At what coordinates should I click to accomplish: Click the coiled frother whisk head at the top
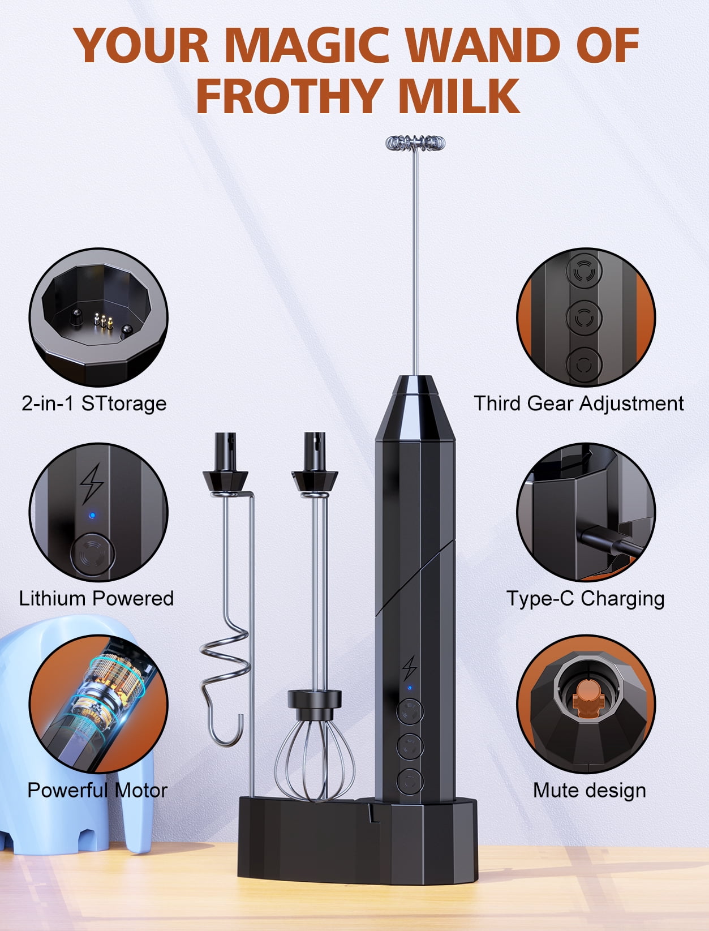click(x=415, y=143)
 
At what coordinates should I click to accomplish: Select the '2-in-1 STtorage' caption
click(x=94, y=404)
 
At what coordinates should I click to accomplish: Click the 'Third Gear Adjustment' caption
click(x=578, y=404)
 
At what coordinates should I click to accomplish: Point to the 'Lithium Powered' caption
click(x=96, y=598)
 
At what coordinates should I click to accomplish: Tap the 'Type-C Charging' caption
click(x=585, y=599)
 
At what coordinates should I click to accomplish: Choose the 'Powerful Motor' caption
click(x=97, y=791)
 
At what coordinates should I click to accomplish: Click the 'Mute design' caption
click(x=590, y=791)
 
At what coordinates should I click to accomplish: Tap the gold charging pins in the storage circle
click(x=104, y=321)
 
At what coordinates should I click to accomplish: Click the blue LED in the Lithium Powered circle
click(x=92, y=516)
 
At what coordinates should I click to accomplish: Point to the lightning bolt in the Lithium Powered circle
click(x=92, y=483)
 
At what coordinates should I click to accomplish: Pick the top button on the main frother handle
click(x=410, y=711)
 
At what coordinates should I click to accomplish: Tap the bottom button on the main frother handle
click(x=410, y=781)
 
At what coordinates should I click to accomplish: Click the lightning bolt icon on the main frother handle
click(x=409, y=668)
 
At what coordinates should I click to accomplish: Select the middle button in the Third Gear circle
click(x=585, y=317)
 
